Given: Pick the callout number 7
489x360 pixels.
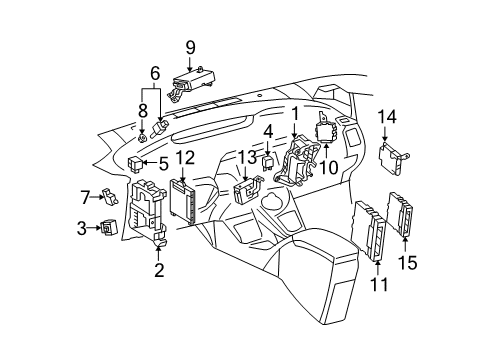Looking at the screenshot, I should pos(85,195).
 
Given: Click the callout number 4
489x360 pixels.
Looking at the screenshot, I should pos(268,131).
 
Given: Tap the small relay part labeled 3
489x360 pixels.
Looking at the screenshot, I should pos(107,228).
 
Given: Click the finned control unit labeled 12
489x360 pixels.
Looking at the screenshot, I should pos(185,204).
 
